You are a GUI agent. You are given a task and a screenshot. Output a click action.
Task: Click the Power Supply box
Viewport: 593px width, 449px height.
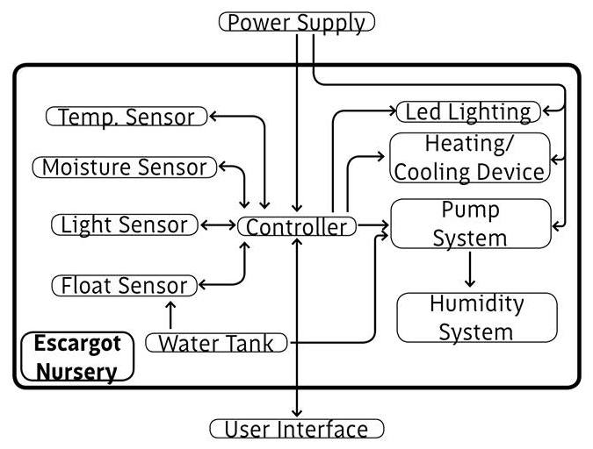tap(296, 22)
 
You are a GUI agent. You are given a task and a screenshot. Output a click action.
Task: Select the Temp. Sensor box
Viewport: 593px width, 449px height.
tap(127, 116)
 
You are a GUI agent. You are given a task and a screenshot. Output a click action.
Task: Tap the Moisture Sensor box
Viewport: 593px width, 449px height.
tap(124, 167)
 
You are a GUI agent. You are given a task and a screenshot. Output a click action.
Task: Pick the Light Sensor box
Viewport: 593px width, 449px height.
tap(123, 224)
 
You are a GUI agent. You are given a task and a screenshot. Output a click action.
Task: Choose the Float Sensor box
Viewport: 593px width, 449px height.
tap(123, 285)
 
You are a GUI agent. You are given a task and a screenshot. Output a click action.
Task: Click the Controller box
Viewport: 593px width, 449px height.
tap(296, 227)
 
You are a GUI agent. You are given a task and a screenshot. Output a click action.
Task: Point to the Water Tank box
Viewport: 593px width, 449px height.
tap(216, 343)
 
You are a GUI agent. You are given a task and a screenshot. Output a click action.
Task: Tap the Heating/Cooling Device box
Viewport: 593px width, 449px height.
tap(469, 158)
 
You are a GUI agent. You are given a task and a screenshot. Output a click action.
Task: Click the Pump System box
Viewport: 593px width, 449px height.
tap(470, 224)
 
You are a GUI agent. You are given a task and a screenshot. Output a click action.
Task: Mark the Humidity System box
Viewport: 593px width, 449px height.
tap(476, 317)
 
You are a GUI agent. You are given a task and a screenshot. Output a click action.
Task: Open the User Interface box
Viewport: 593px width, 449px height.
tap(297, 429)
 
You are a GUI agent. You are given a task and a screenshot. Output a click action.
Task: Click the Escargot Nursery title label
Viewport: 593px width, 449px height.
tap(76, 356)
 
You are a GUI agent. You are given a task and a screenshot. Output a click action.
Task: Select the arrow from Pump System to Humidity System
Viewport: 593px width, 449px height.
tap(470, 269)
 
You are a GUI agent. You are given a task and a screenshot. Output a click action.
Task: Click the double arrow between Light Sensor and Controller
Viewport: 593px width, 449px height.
tap(217, 225)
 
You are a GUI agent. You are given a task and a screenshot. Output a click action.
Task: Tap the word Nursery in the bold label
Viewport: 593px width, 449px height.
tap(76, 371)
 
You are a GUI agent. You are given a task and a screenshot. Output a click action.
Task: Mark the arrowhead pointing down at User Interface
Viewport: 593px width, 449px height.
tap(297, 412)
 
